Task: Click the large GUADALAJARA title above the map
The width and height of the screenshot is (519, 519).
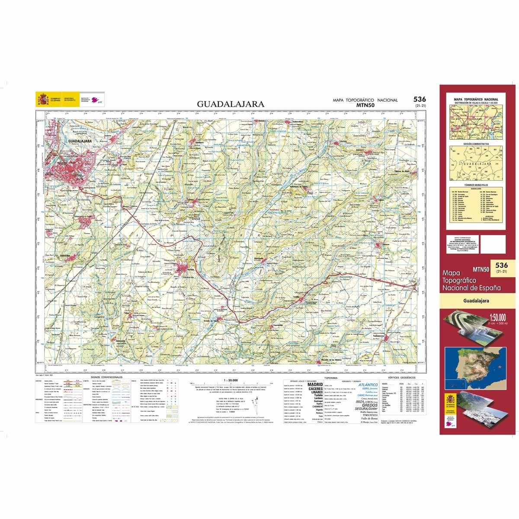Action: pos(231,104)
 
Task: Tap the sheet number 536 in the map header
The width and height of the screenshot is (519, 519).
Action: pos(419,100)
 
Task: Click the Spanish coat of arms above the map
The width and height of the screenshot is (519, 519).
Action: pos(42,99)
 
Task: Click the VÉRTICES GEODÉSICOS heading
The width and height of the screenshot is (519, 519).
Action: pos(402,378)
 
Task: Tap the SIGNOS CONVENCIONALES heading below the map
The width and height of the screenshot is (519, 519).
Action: pos(106,377)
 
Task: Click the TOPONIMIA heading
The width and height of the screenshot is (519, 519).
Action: pos(325,378)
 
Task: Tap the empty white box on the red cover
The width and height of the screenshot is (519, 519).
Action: pos(492,246)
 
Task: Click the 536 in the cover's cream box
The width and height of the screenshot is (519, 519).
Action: pos(501,265)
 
